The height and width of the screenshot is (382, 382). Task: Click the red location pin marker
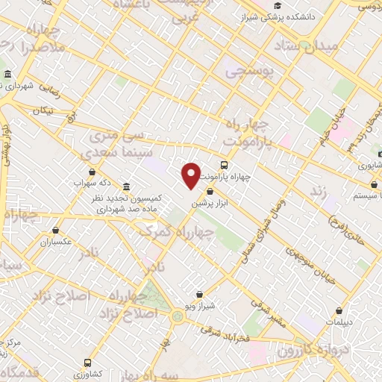[x=191, y=175]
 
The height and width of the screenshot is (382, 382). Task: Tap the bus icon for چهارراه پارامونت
[x=224, y=165]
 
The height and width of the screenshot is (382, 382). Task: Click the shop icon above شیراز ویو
[x=200, y=295]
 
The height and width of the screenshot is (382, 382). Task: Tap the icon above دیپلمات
[x=340, y=311]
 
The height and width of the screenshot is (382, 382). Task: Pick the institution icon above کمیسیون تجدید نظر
[x=125, y=186]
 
